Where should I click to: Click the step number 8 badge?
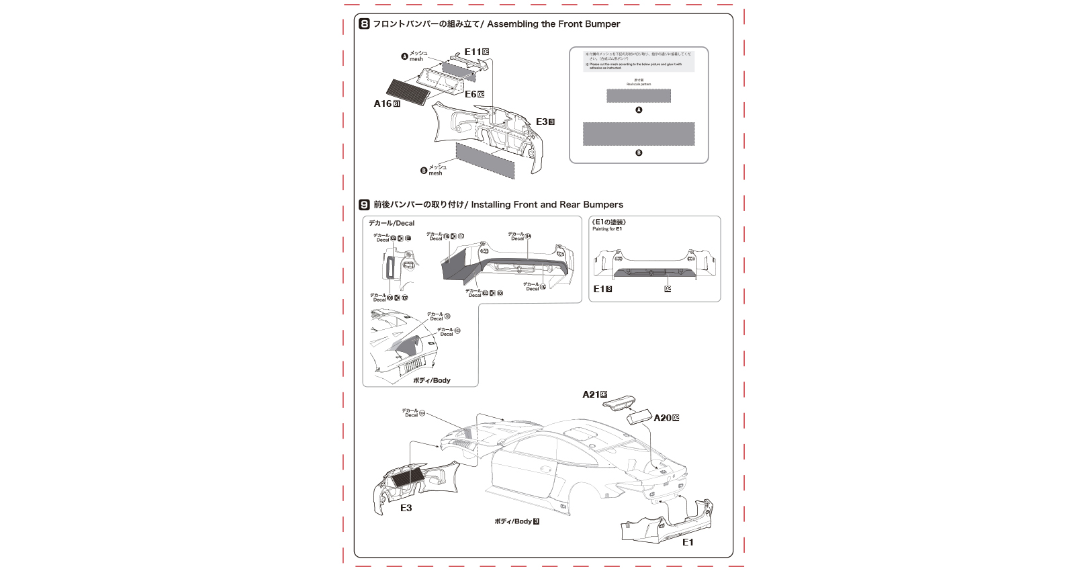(x=364, y=24)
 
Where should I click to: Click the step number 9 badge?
(x=364, y=205)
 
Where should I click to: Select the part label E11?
(x=473, y=52)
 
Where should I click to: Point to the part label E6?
(x=470, y=95)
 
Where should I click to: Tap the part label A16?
(x=382, y=103)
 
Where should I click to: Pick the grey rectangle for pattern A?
(x=638, y=95)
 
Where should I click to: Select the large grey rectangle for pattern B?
(x=638, y=134)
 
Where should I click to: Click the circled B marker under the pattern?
(x=639, y=152)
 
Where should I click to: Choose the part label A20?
(x=662, y=418)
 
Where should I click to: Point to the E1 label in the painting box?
(x=599, y=289)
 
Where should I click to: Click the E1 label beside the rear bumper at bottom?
(x=688, y=542)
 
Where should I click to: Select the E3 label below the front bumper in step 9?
(x=406, y=508)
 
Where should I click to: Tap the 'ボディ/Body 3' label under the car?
(x=516, y=521)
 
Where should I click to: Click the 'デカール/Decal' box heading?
(x=391, y=223)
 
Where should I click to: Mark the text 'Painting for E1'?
(x=607, y=229)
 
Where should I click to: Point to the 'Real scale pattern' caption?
(x=639, y=85)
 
